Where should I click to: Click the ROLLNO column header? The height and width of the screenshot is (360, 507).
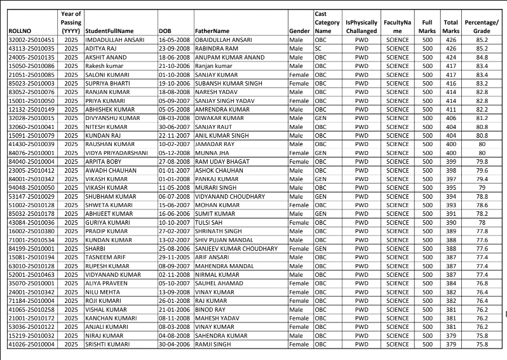click(19, 30)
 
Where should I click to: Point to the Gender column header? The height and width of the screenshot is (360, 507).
click(299, 30)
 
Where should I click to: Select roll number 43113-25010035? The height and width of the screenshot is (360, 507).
click(32, 48)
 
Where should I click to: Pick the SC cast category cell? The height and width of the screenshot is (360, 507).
click(318, 48)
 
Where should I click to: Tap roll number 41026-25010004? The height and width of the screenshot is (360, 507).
click(32, 345)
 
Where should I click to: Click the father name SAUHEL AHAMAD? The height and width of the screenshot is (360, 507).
click(219, 284)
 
